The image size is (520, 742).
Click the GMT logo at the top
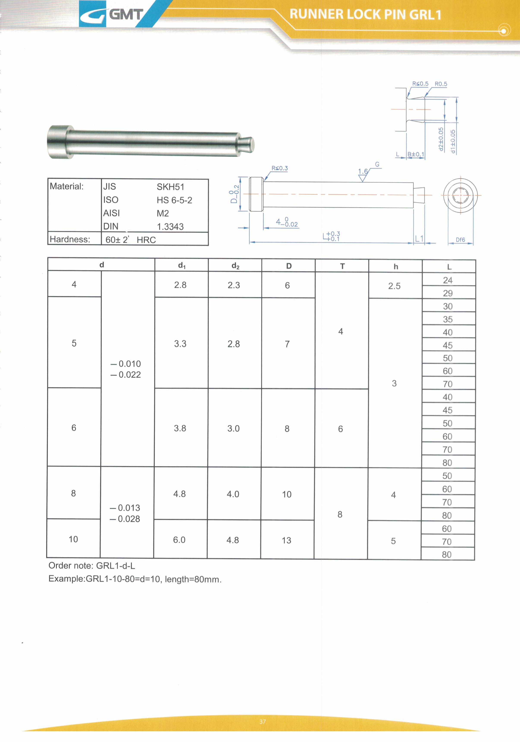tap(112, 14)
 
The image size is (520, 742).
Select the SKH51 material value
tap(170, 187)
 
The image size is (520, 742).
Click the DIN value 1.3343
tap(170, 226)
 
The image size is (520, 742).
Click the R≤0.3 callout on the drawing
tap(280, 168)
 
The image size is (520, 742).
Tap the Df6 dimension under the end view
tap(460, 239)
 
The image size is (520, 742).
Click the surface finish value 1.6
tap(363, 171)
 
